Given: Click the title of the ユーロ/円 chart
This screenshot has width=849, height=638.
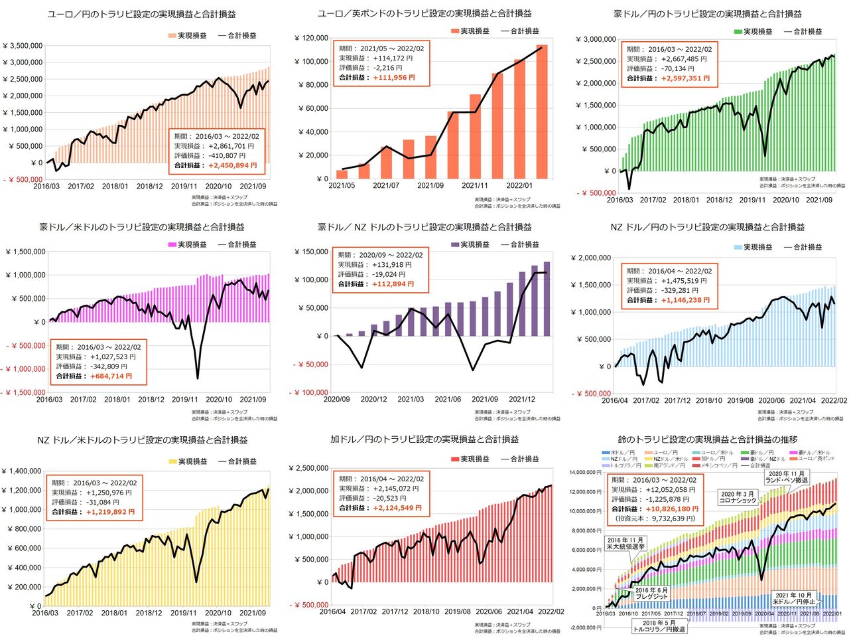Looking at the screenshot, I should coord(142,14).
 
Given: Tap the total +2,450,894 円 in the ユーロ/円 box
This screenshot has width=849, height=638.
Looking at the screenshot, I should coord(232,165).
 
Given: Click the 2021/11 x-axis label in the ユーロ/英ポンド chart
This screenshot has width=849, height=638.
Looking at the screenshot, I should coord(475,186).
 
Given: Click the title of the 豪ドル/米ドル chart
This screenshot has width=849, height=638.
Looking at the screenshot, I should coord(142,227).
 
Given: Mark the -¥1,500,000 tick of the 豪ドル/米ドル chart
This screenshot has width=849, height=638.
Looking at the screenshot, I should coord(24,392).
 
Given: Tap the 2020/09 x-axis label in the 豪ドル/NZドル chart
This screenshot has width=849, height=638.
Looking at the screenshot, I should coord(337,399).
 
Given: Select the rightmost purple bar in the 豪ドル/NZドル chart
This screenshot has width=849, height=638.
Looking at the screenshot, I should coord(547,299).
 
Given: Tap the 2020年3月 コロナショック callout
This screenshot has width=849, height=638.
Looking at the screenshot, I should coord(737,497).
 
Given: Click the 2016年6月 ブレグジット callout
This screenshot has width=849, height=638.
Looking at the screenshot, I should coord(651,594).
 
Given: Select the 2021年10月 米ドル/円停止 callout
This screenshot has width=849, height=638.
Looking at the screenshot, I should coord(795,598).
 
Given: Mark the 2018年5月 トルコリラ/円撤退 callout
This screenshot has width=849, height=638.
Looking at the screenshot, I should coord(659,625).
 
